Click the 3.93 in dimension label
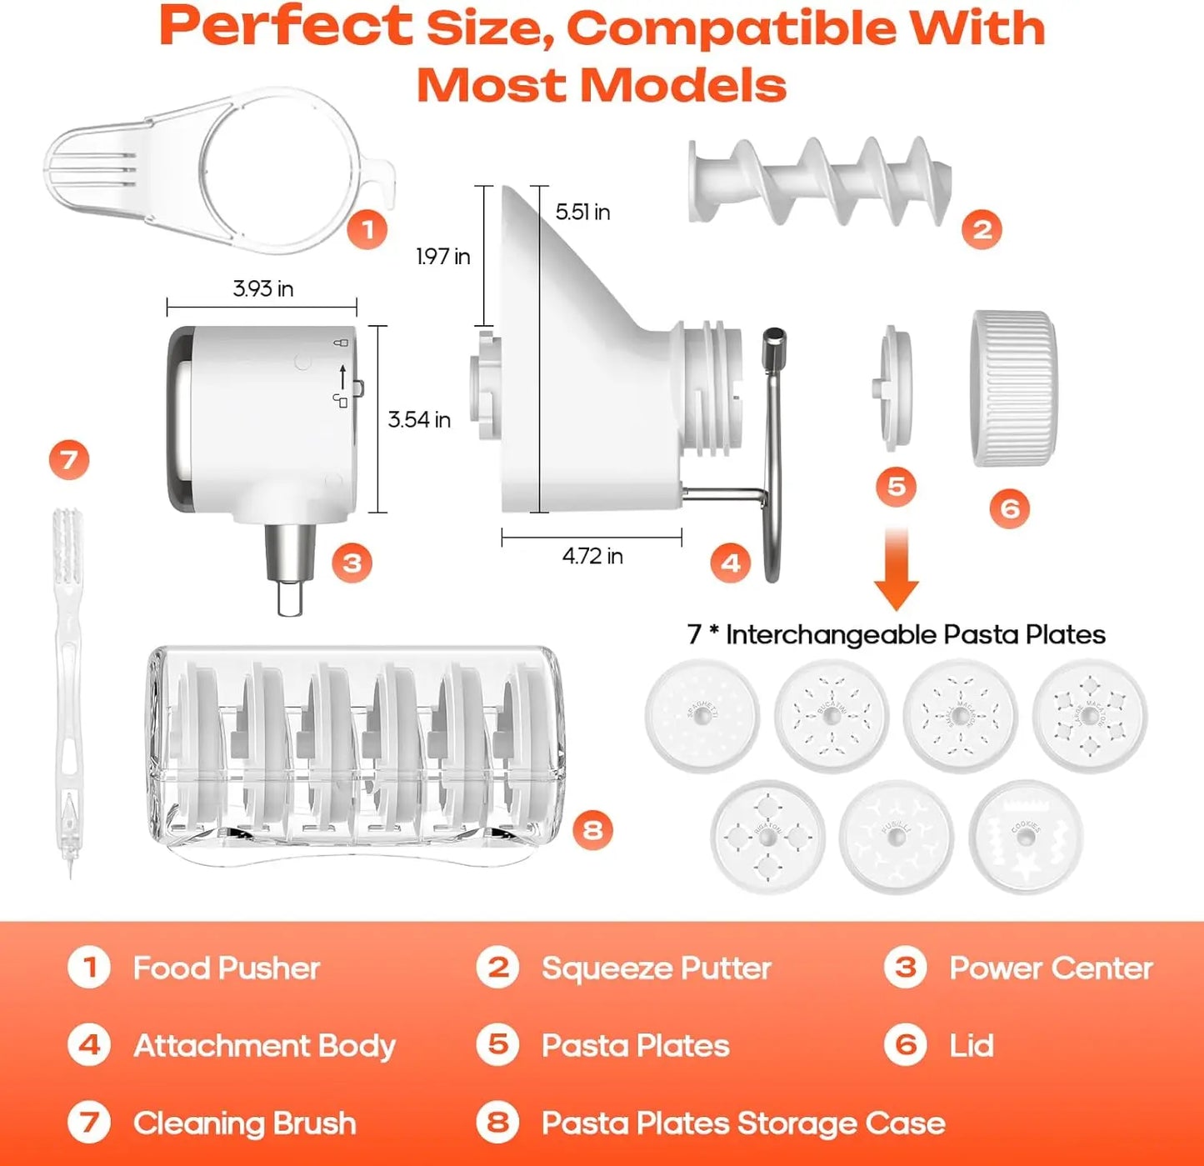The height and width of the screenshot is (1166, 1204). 262,289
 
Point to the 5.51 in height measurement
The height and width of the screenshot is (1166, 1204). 582,213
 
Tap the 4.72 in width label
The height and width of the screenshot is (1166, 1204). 592,556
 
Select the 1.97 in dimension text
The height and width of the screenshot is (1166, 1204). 442,257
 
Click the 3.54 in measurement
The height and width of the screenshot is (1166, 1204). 419,419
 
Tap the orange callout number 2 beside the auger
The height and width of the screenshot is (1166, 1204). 982,229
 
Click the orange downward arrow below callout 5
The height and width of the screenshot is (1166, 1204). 896,568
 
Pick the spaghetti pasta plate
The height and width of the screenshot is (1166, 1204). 702,715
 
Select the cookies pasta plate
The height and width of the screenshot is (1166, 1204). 1026,836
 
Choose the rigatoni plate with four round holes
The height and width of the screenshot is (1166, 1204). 767,836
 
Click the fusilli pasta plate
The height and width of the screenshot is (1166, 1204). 896,836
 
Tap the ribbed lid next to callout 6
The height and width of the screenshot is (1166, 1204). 1013,388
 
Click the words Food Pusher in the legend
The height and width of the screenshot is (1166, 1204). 227,968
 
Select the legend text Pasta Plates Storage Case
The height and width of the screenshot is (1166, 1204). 743,1123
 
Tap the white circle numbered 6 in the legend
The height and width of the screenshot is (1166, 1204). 906,1045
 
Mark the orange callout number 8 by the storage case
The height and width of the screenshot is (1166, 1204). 592,829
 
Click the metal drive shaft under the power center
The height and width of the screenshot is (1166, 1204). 290,567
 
